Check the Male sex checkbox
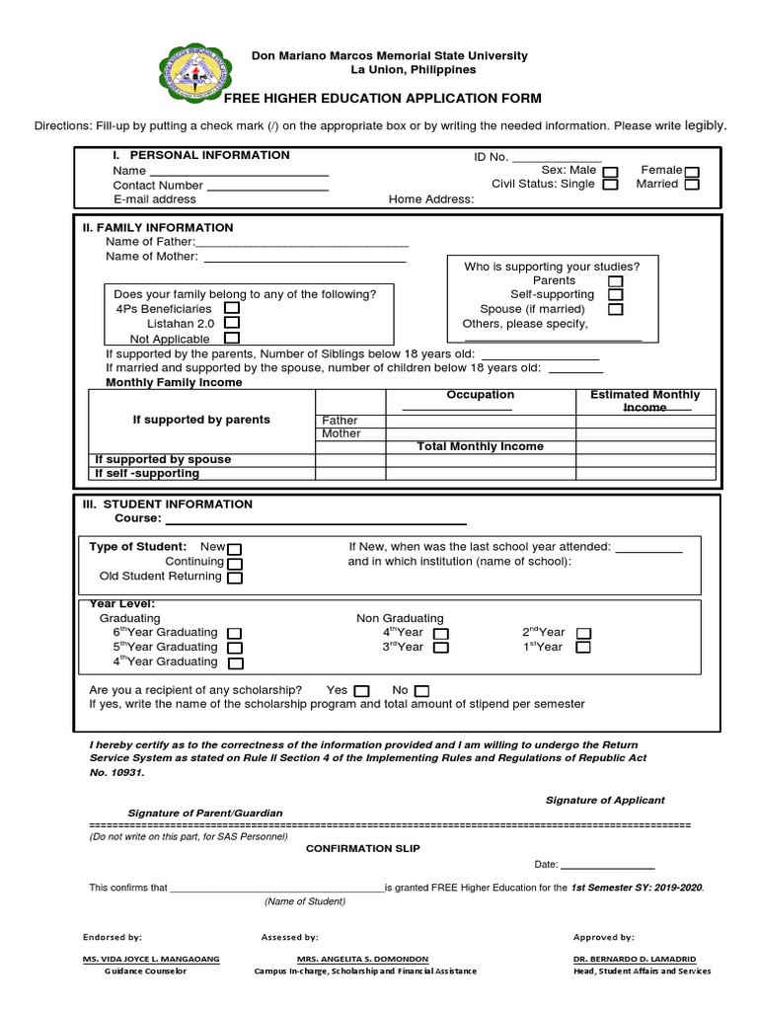pyautogui.click(x=611, y=172)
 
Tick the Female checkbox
pyautogui.click(x=692, y=172)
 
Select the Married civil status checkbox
pyautogui.click(x=692, y=185)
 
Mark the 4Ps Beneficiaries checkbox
pyautogui.click(x=231, y=308)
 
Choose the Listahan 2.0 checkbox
pyautogui.click(x=231, y=322)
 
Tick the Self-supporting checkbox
pyautogui.click(x=615, y=294)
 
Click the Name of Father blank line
pyautogui.click(x=302, y=243)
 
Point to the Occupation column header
pyautogui.click(x=480, y=395)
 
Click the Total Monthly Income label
pyautogui.click(x=480, y=446)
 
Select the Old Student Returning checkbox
pyautogui.click(x=235, y=578)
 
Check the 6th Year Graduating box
pyautogui.click(x=235, y=633)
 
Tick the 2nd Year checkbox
pyautogui.click(x=583, y=633)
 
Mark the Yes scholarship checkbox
pyautogui.click(x=361, y=690)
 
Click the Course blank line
pyautogui.click(x=316, y=522)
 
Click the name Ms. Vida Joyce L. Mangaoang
pyautogui.click(x=151, y=959)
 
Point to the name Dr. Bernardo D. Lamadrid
pyautogui.click(x=642, y=959)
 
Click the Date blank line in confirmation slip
pyautogui.click(x=608, y=865)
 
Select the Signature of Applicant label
pyautogui.click(x=605, y=800)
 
